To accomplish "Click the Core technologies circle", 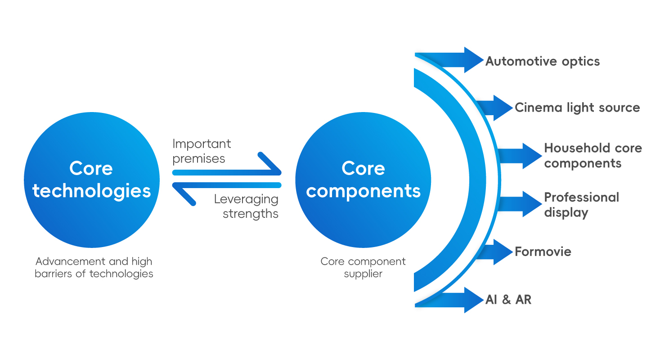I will coord(92,180).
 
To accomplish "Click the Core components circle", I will coord(363,180).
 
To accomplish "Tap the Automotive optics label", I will coord(543,61).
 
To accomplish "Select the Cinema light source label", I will coord(577,108).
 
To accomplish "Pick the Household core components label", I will coord(593,155).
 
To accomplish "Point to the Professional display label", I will coord(581,205).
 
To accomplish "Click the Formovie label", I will coord(543,251).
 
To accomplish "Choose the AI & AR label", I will coord(508,300).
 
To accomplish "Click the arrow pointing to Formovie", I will coord(495,252).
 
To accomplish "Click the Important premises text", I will coord(202,151).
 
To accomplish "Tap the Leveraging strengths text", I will coord(247,206).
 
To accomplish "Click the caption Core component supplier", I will coord(363,267).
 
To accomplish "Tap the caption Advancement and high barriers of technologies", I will coord(94,267).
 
